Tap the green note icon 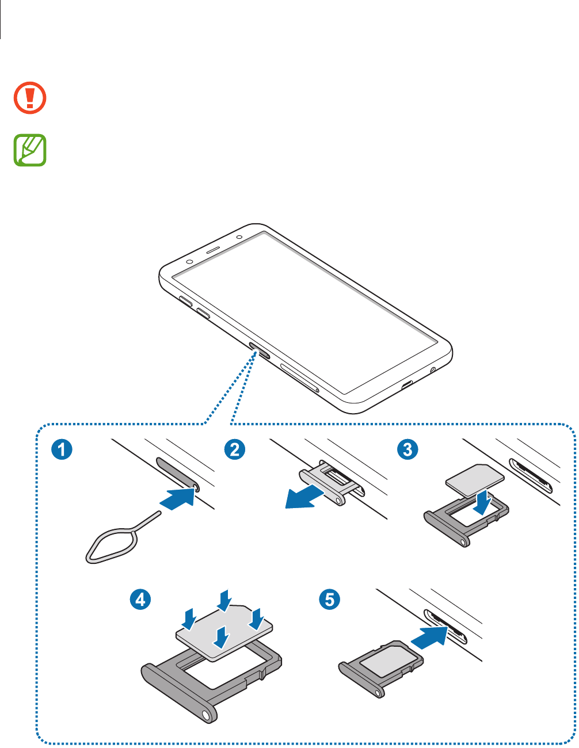(x=30, y=151)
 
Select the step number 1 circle (x=61, y=449)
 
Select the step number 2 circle (x=235, y=449)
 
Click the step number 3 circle (x=408, y=449)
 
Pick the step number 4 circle (x=140, y=600)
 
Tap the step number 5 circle (x=329, y=600)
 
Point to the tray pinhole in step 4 (x=205, y=715)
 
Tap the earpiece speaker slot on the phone (x=213, y=251)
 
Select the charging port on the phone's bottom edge (x=408, y=384)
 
